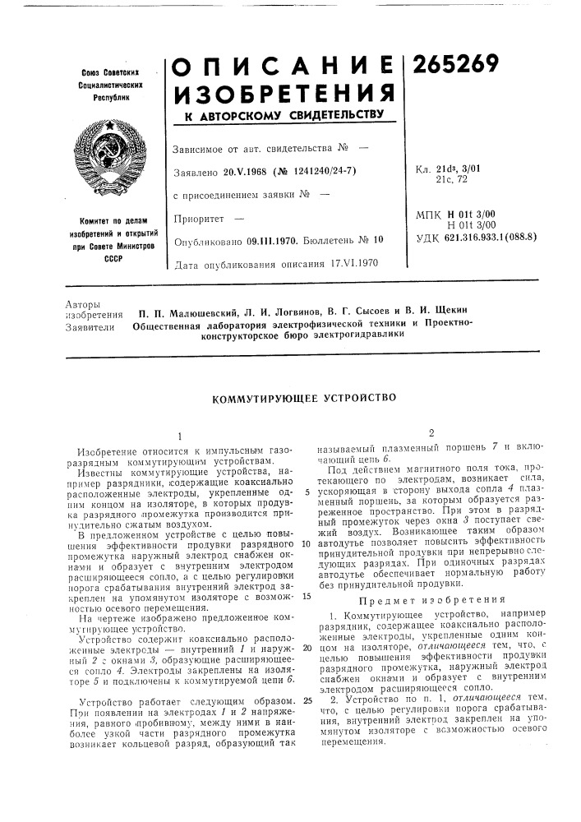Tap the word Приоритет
pos(201,220)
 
